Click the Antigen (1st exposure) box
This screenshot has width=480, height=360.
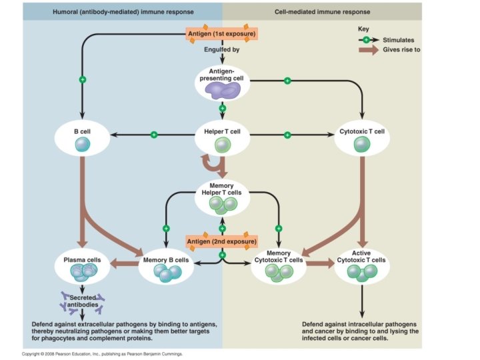[x=222, y=33]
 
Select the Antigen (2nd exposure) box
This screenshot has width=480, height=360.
[x=222, y=241]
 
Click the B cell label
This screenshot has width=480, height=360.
[x=81, y=131]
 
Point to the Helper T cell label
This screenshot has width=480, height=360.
[x=222, y=131]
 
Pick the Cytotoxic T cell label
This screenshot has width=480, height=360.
[x=362, y=131]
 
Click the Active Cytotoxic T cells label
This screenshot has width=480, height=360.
[x=362, y=256]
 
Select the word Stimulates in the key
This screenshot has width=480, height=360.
[x=399, y=40]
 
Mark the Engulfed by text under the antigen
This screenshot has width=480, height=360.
[x=222, y=50]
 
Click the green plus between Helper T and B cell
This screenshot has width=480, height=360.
[x=153, y=135]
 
